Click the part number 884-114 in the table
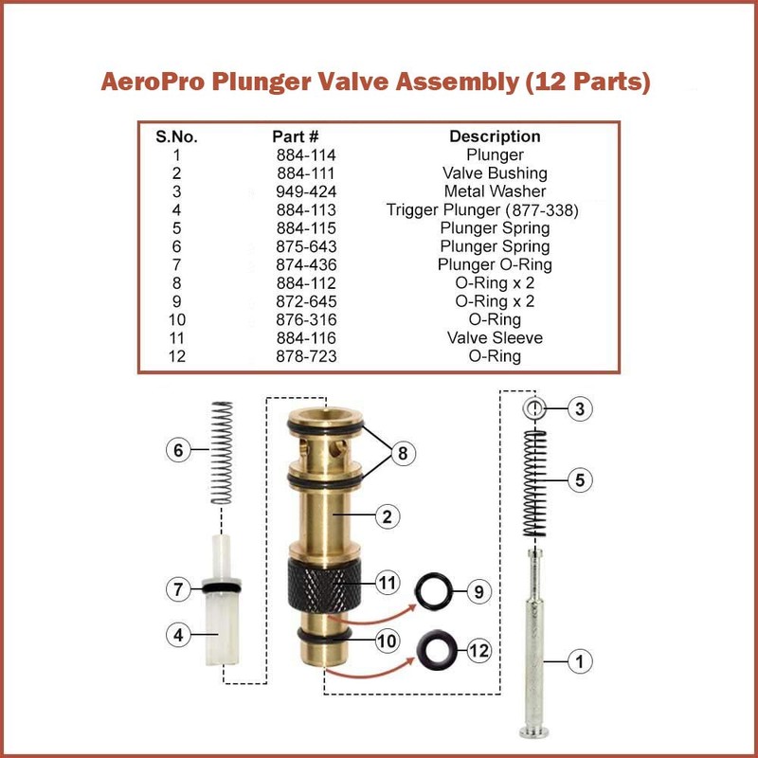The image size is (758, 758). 304,154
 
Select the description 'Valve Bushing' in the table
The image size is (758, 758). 495,173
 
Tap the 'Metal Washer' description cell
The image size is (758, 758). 495,191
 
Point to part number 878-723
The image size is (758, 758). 304,357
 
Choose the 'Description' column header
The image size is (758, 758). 495,136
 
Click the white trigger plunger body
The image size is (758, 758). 222,630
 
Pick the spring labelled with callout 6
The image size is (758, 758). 221,453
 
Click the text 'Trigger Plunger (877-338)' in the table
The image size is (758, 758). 482,210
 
